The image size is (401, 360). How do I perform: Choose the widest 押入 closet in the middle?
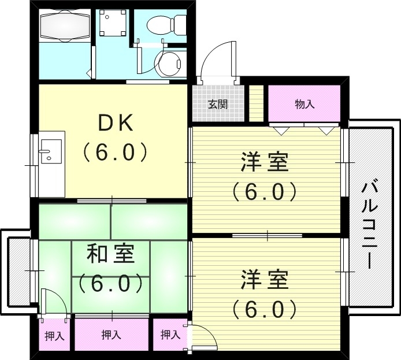click(x=111, y=334)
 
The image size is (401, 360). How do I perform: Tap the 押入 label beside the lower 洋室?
click(x=170, y=334)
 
